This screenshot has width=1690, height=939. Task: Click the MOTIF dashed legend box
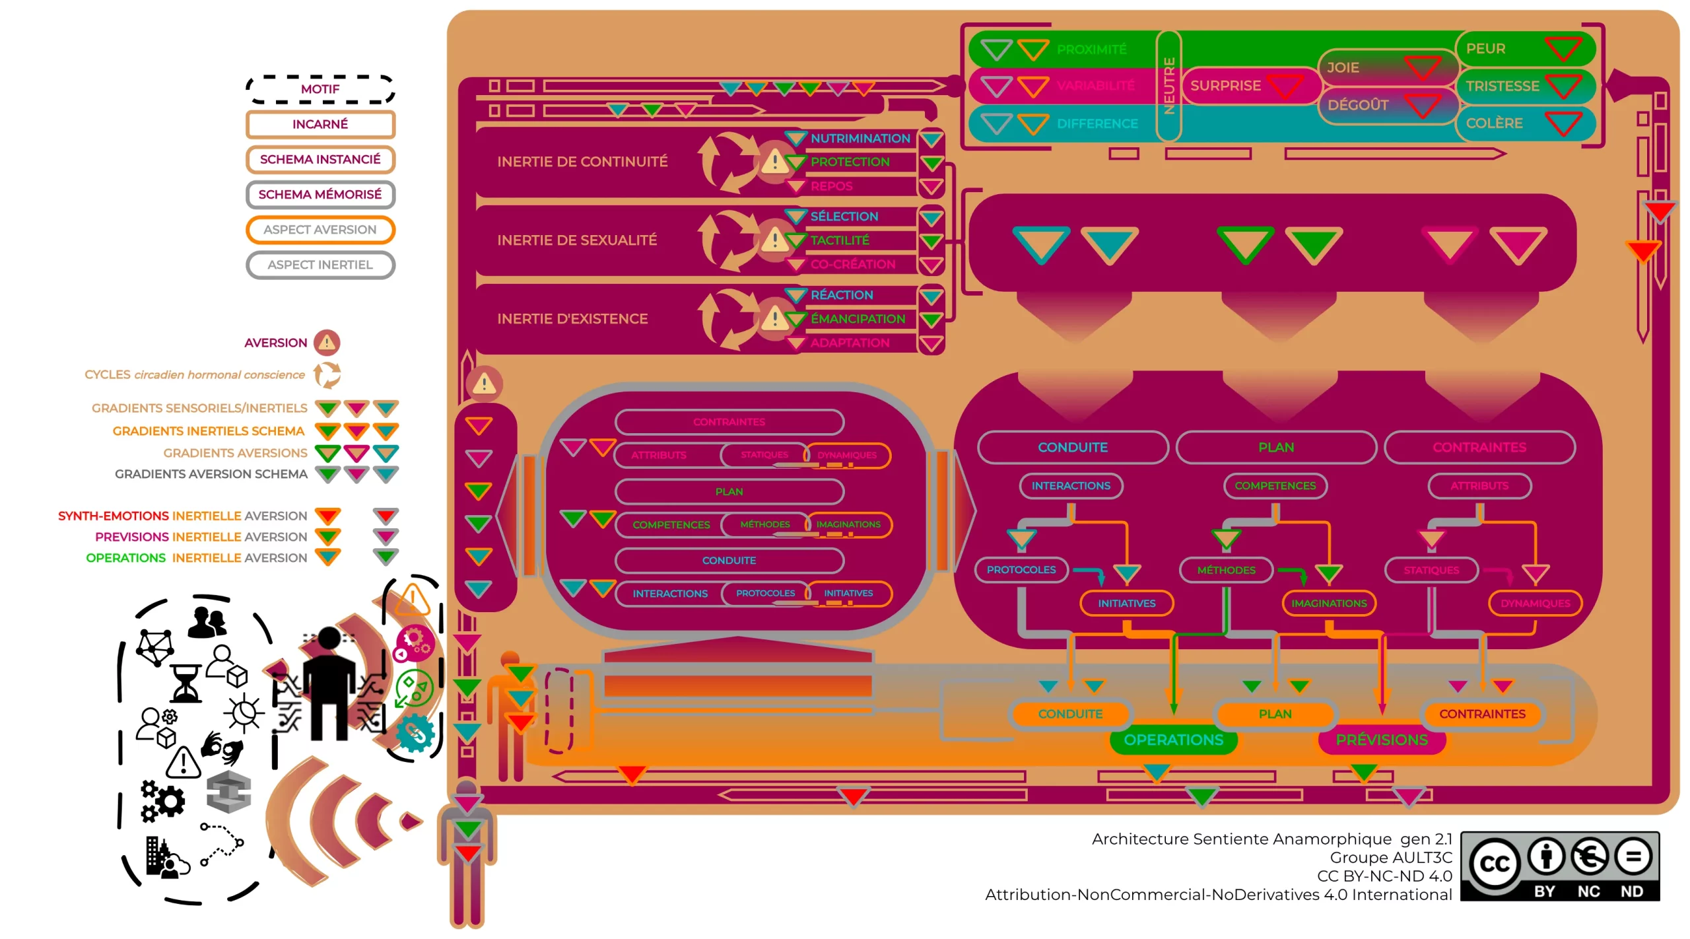(320, 89)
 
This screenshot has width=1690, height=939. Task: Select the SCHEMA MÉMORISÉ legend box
(320, 195)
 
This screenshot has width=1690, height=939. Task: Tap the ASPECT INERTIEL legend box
(320, 265)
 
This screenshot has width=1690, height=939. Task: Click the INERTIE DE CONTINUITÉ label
(582, 162)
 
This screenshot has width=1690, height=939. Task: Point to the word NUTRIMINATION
(860, 139)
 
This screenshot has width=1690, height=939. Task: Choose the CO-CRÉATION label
(853, 264)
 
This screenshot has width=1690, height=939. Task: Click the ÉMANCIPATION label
(858, 319)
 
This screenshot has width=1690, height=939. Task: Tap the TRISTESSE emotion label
(1502, 87)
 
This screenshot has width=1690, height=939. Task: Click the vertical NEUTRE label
(1168, 86)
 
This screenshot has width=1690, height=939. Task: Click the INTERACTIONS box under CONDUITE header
(1071, 486)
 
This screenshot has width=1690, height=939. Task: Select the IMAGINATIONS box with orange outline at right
(1329, 604)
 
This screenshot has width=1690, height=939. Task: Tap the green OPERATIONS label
(1173, 740)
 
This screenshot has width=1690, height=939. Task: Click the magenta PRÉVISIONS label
(1382, 740)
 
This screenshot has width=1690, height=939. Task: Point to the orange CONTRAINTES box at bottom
(1482, 714)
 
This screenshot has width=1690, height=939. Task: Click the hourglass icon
(186, 684)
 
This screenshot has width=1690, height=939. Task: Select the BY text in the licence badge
(1544, 892)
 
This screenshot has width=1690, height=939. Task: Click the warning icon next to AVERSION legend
(327, 343)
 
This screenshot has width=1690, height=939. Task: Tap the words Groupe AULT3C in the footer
(1390, 858)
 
